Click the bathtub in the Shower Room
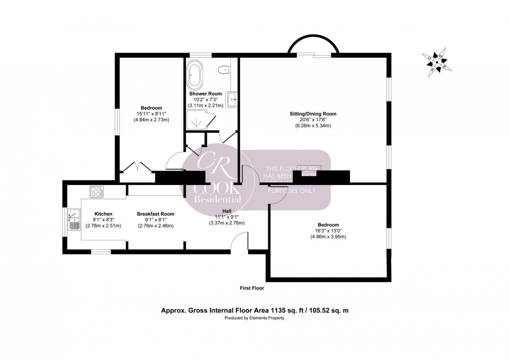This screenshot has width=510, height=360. [x=194, y=76]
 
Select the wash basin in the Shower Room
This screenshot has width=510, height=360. [x=232, y=100]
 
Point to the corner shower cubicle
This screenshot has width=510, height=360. [x=197, y=120]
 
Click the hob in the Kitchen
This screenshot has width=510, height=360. [x=97, y=192]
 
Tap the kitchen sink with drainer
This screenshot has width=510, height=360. [x=73, y=219]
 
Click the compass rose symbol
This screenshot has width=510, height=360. [x=438, y=61]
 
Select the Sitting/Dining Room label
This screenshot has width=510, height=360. [x=313, y=114]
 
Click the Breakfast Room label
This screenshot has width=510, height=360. [x=155, y=214]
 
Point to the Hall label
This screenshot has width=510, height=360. [x=227, y=211]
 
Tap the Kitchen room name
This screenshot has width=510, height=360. [x=103, y=214]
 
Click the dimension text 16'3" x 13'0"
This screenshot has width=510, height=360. [x=328, y=231]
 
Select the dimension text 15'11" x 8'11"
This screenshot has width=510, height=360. [x=151, y=114]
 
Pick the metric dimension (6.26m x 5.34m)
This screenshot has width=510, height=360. [x=313, y=126]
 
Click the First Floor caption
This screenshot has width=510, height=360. [x=252, y=288]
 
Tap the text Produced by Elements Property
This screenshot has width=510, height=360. [x=255, y=318]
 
